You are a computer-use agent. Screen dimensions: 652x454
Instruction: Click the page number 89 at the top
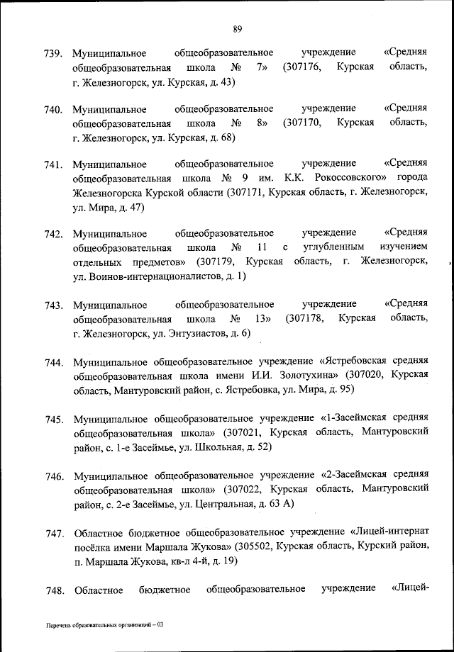[x=237, y=28]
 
